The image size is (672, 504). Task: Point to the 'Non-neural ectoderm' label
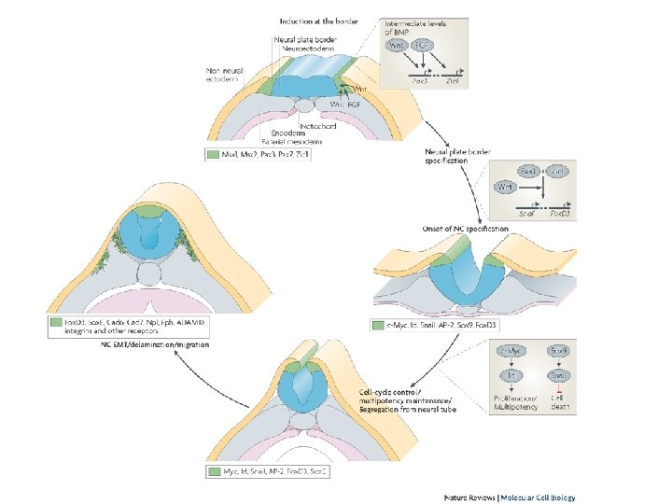[228, 73]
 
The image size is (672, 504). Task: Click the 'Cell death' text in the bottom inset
[558, 401]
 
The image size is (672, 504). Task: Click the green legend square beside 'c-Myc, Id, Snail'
[378, 326]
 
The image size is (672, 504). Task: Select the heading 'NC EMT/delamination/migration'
[155, 344]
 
